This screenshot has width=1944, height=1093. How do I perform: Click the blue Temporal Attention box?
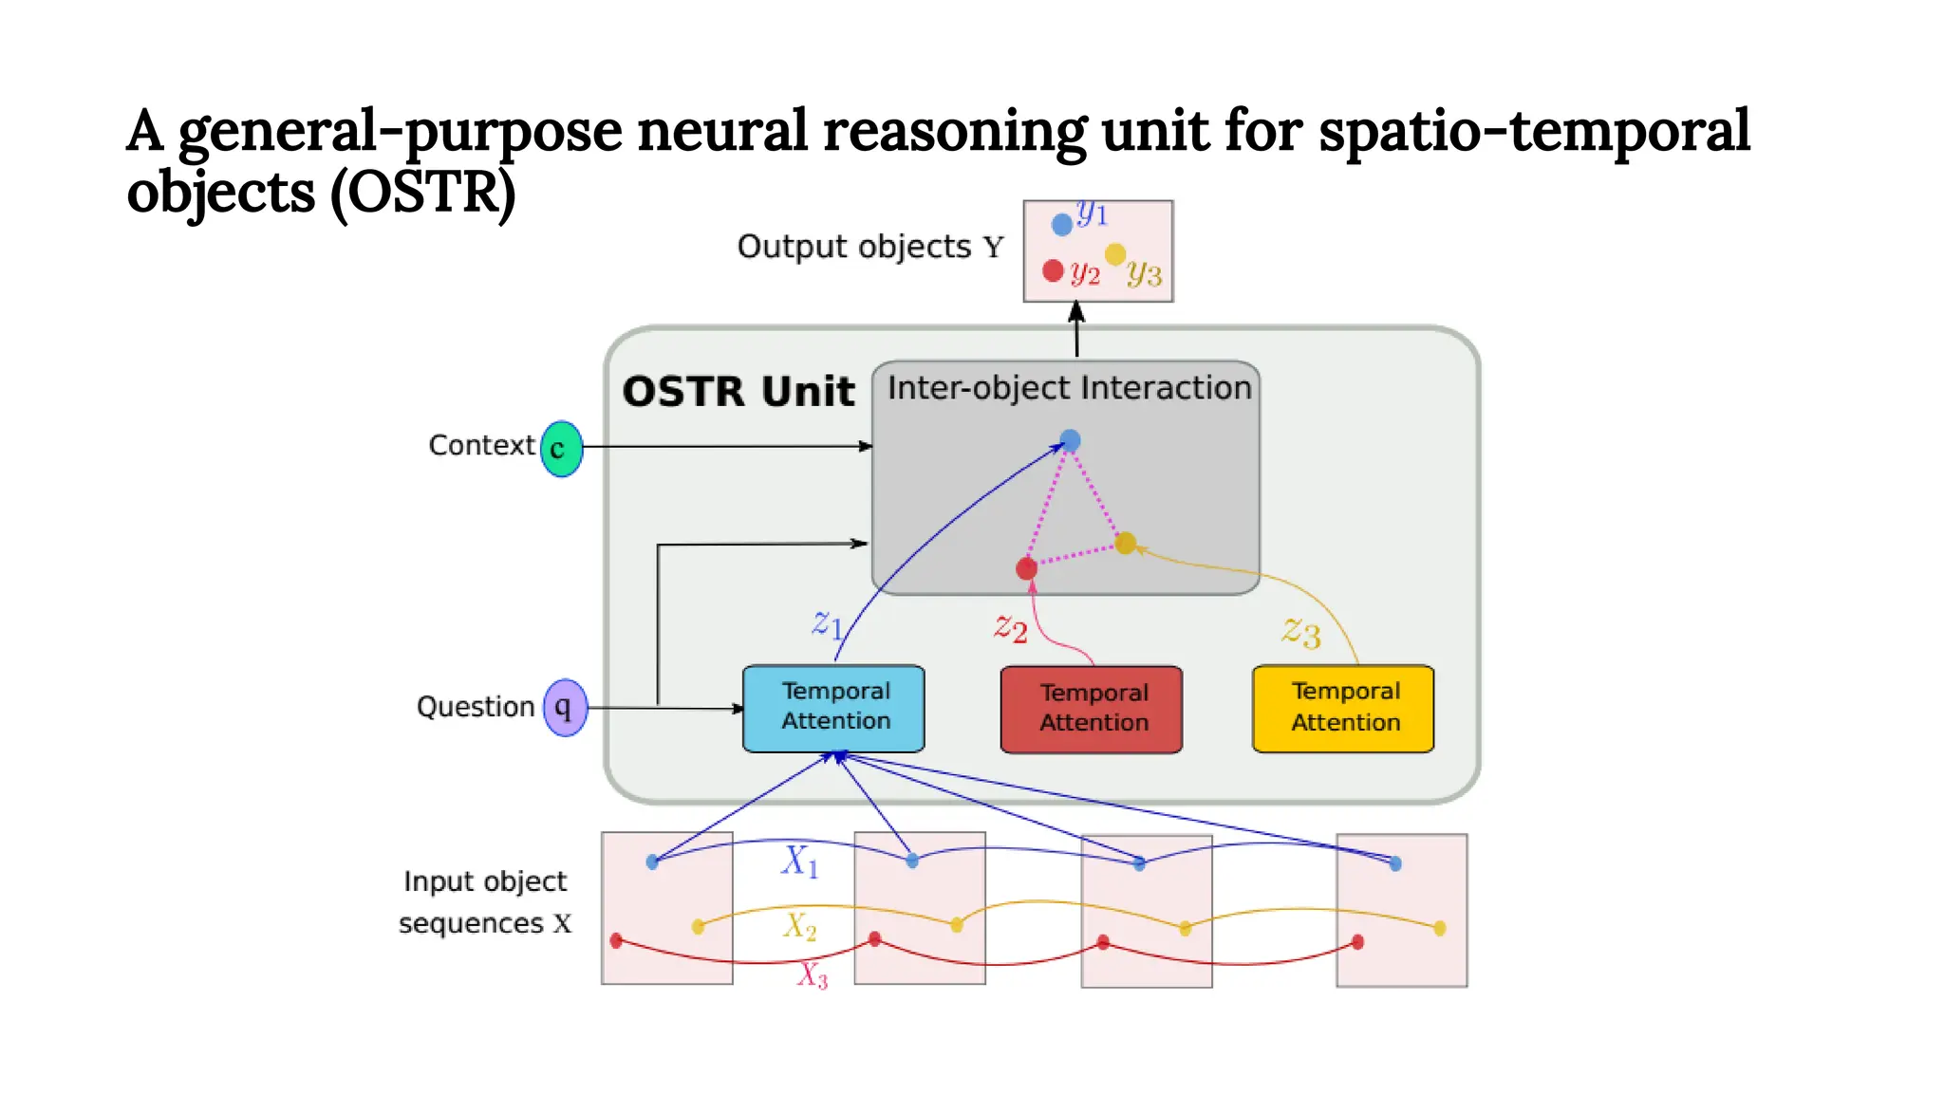pyautogui.click(x=833, y=708)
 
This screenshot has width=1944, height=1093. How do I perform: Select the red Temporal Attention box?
pyautogui.click(x=1092, y=709)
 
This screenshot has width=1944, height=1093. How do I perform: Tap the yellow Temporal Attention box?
pyautogui.click(x=1343, y=708)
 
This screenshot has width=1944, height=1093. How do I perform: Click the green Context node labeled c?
pyautogui.click(x=561, y=448)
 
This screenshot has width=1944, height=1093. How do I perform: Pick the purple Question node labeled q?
pyautogui.click(x=565, y=707)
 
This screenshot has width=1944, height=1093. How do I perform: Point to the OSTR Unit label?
pyautogui.click(x=738, y=391)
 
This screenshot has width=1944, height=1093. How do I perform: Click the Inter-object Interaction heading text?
pyautogui.click(x=1069, y=388)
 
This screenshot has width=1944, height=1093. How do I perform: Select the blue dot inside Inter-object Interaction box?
pyautogui.click(x=1070, y=440)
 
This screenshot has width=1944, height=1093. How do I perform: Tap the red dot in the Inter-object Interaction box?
pyautogui.click(x=1026, y=568)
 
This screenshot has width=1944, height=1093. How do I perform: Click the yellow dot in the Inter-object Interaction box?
pyautogui.click(x=1126, y=543)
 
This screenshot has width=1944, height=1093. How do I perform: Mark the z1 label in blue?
pyautogui.click(x=827, y=623)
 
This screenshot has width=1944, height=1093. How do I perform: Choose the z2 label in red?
pyautogui.click(x=1011, y=627)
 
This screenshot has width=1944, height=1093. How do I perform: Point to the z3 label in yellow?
pyautogui.click(x=1301, y=631)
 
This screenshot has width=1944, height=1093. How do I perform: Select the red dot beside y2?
pyautogui.click(x=1053, y=270)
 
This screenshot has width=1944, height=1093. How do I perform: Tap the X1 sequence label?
pyautogui.click(x=799, y=861)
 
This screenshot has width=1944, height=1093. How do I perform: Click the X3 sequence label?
pyautogui.click(x=813, y=974)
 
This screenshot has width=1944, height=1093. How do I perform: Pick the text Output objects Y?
pyautogui.click(x=869, y=247)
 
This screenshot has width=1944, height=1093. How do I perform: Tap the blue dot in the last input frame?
pyautogui.click(x=1394, y=863)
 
